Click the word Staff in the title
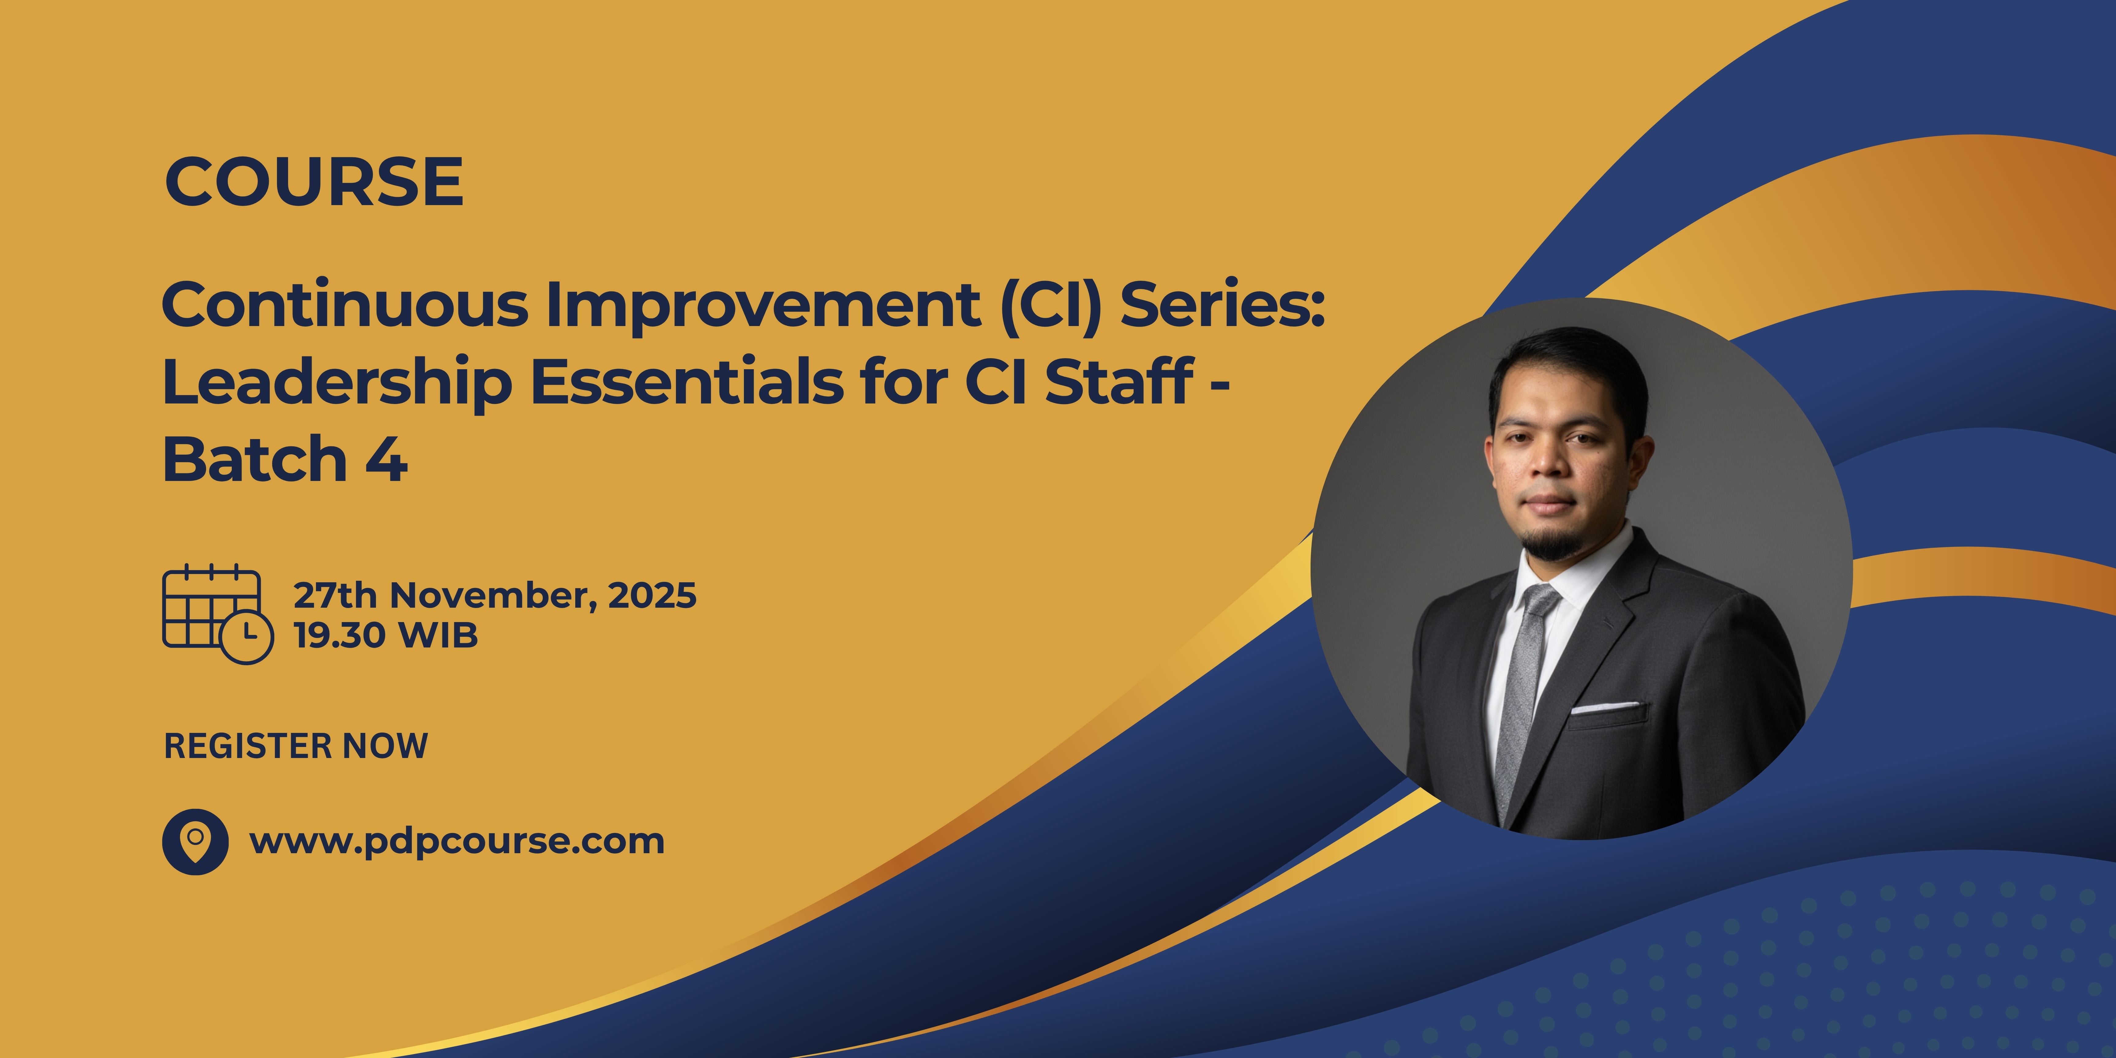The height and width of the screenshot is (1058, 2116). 1119,382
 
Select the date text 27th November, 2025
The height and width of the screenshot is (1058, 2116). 494,595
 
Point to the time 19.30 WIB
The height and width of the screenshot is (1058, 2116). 386,635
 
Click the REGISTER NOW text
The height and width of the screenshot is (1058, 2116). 296,746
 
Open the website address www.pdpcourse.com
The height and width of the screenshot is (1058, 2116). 457,841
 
